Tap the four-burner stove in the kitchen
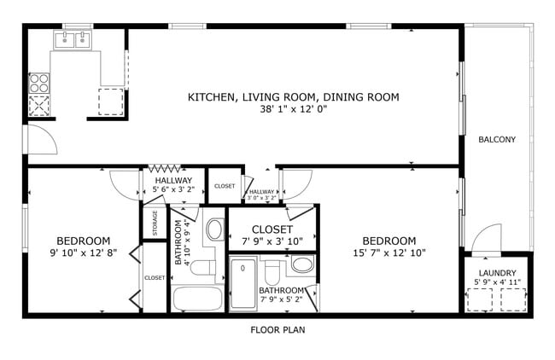(39, 83)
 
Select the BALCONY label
(496, 140)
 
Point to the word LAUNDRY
(497, 272)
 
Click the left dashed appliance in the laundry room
(484, 299)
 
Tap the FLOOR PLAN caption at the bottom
(277, 330)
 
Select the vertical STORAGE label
(155, 223)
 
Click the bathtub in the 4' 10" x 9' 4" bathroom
(197, 299)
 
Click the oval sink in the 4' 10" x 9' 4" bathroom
(214, 229)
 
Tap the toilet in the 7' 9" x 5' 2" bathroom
(272, 272)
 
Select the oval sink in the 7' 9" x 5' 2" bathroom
(301, 264)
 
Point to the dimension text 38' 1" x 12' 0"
(293, 109)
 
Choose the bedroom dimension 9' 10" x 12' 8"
(83, 253)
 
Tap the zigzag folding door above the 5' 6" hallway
(166, 169)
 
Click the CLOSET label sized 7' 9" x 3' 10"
(272, 229)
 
